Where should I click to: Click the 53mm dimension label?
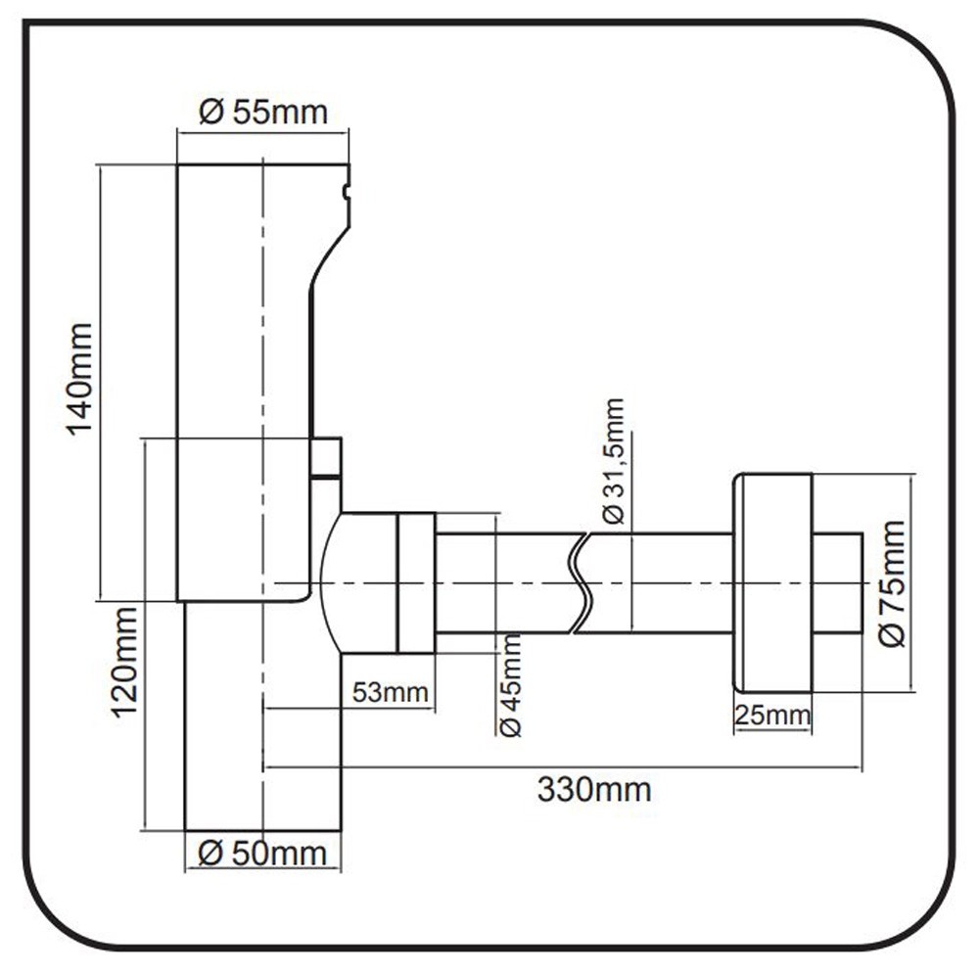(x=391, y=693)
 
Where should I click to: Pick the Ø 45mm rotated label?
(x=511, y=684)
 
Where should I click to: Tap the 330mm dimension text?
(x=593, y=789)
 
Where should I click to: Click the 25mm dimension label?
(x=772, y=716)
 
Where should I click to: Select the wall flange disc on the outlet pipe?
(x=772, y=583)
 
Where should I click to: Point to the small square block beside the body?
(x=325, y=456)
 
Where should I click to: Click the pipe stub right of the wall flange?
(x=837, y=583)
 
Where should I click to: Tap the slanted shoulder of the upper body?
(x=329, y=255)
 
